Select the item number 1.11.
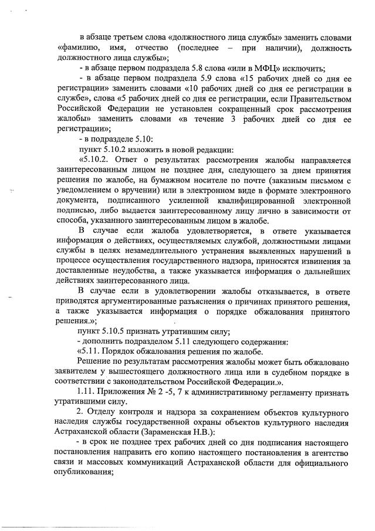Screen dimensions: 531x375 [87, 391]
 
